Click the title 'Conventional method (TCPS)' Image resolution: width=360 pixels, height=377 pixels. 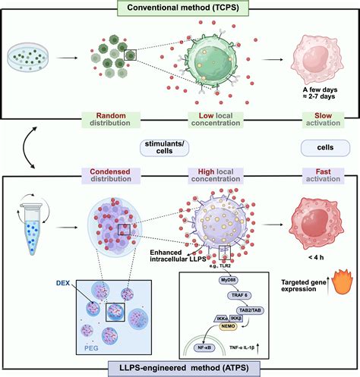(180, 8)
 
